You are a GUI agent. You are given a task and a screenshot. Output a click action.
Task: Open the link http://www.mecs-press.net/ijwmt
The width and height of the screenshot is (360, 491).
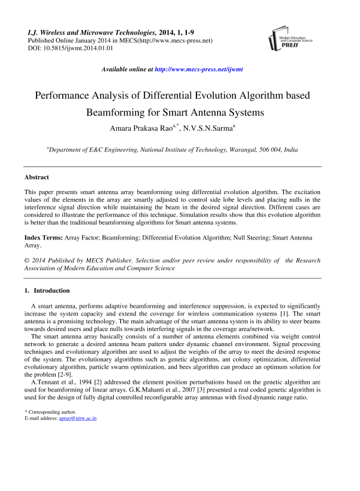pyautogui.click(x=198, y=69)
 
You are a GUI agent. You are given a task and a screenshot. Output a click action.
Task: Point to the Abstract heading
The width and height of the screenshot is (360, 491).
pyautogui.click(x=37, y=178)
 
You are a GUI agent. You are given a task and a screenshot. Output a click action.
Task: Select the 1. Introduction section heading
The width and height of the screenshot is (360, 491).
pyautogui.click(x=47, y=290)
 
